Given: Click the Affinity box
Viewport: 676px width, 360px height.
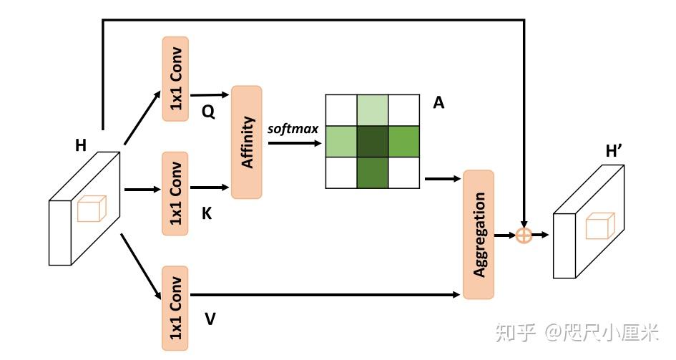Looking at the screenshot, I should (248, 142).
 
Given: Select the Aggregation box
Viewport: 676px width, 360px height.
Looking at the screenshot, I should (479, 234).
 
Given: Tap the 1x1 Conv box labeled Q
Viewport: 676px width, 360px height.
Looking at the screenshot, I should (176, 79).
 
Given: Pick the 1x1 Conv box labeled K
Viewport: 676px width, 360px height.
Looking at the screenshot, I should (176, 193).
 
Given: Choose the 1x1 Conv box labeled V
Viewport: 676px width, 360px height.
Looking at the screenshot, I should (176, 308).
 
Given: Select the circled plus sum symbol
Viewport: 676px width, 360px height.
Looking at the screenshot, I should (524, 235).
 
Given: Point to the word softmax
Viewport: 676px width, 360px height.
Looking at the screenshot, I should (293, 129).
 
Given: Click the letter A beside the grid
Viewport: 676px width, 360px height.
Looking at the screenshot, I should (439, 103).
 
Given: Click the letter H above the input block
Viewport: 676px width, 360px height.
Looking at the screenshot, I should (81, 146).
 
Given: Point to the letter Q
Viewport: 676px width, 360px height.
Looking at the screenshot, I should (208, 112).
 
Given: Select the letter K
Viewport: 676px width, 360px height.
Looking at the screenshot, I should (207, 214).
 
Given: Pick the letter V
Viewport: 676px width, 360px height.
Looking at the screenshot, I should (210, 319).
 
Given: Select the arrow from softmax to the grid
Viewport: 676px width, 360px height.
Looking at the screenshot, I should (295, 142).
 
